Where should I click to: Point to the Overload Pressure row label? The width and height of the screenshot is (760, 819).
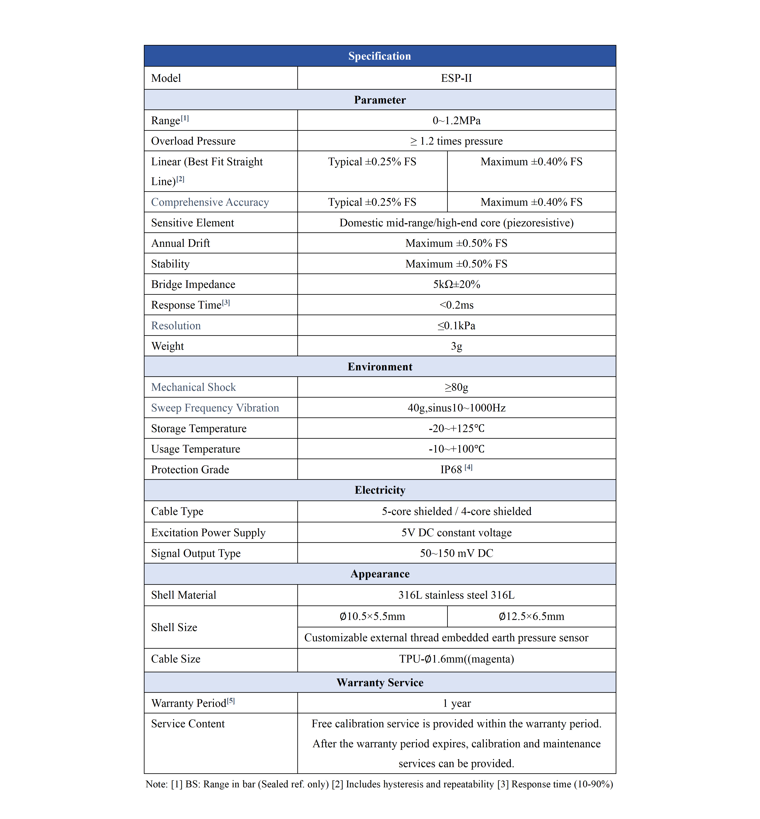pyautogui.click(x=193, y=141)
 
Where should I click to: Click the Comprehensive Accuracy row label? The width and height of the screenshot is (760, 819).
pyautogui.click(x=210, y=202)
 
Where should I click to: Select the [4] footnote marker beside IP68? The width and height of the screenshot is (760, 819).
pyautogui.click(x=468, y=468)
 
